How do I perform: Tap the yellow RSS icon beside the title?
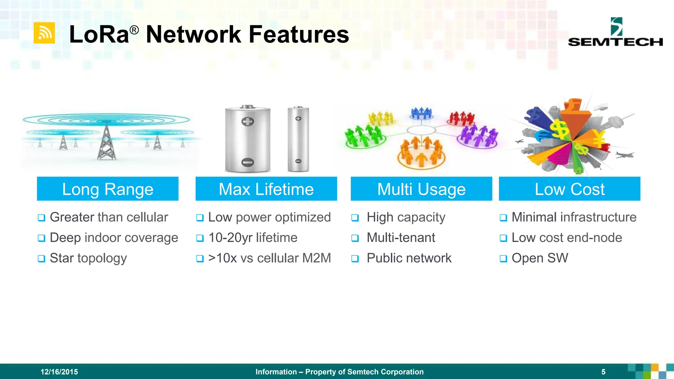tap(44, 33)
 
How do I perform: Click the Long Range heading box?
tap(108, 189)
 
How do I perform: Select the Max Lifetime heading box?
tap(266, 189)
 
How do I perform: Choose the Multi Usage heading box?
tap(421, 189)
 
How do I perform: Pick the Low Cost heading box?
tap(569, 189)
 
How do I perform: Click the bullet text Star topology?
tap(88, 258)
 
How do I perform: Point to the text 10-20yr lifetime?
tap(253, 238)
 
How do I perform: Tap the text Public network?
tap(409, 258)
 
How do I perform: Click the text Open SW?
tap(540, 258)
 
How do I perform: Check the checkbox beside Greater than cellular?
tap(41, 218)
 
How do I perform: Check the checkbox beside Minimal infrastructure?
tap(503, 218)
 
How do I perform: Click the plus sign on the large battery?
tap(247, 122)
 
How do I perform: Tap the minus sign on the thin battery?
tap(298, 161)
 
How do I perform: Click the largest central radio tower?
tap(106, 143)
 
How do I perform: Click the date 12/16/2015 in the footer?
tap(59, 372)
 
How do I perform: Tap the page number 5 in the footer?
tap(603, 372)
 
